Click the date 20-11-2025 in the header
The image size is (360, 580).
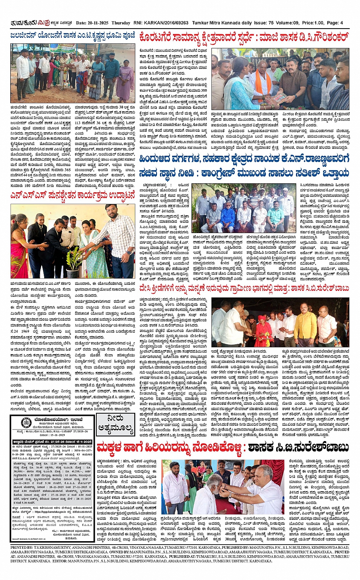coord(99,23)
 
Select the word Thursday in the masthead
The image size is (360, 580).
coord(121,23)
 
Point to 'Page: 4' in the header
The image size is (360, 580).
coord(335,23)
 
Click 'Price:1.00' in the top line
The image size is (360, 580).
coord(313,23)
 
